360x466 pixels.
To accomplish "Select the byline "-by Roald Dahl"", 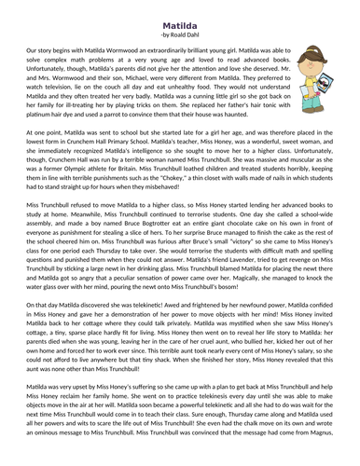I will click(180, 24).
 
